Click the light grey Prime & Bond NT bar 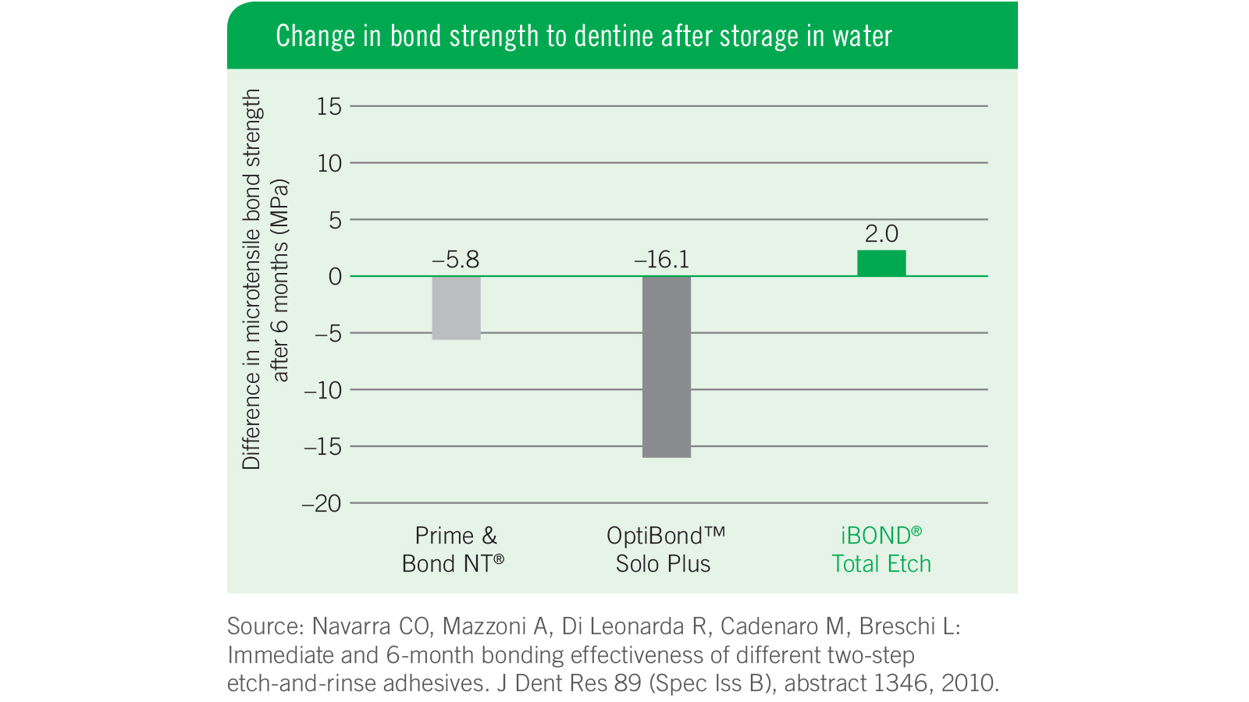pos(456,308)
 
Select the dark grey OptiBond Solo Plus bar pos(666,367)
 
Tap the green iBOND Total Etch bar pos(881,264)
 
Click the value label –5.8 pos(456,260)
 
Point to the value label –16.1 pos(662,260)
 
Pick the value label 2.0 pos(881,234)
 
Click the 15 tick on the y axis pos(329,107)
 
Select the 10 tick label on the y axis pos(329,164)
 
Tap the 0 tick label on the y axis pos(335,277)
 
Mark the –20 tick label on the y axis pos(322,504)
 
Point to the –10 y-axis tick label pos(322,390)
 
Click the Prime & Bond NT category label pos(454,550)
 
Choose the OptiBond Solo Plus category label pos(665,550)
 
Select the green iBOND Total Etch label pos(881,550)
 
